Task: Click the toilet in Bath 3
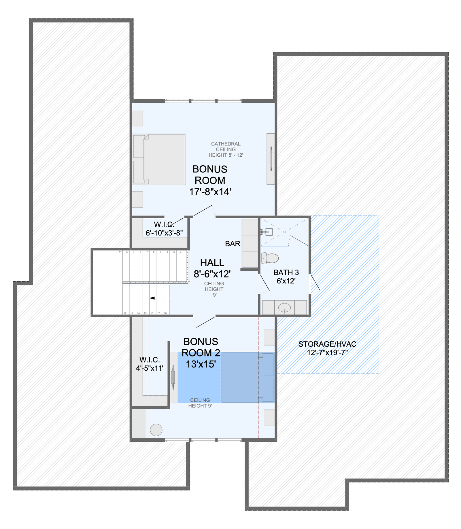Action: tap(270, 258)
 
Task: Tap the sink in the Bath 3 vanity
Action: tap(284, 308)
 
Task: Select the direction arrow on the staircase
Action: tap(159, 298)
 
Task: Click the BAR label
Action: tap(233, 244)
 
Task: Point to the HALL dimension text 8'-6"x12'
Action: tap(212, 274)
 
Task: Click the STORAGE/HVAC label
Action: tap(327, 344)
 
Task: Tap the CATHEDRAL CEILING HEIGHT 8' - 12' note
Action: tap(226, 149)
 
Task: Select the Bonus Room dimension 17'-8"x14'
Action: tap(210, 192)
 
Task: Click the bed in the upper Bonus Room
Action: tap(159, 159)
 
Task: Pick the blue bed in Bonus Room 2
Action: tap(247, 378)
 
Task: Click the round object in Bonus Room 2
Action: tap(156, 430)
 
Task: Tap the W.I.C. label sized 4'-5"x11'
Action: tap(150, 364)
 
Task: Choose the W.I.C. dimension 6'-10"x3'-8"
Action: tap(164, 233)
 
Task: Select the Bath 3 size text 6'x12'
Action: tap(286, 281)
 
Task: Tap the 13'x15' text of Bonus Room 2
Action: tap(201, 364)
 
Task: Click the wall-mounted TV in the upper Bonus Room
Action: tap(271, 159)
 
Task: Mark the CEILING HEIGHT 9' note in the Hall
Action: tap(214, 289)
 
